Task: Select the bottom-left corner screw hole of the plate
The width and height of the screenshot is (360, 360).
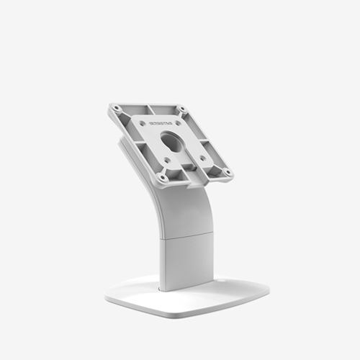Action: (x=163, y=176)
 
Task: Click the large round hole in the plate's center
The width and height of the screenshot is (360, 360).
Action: (x=172, y=140)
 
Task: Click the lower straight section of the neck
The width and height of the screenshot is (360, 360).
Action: (x=186, y=263)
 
